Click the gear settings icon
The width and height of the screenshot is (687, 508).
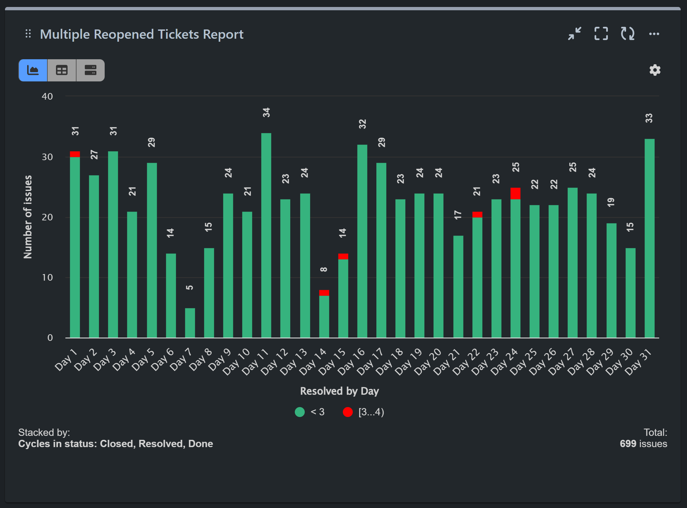(x=655, y=70)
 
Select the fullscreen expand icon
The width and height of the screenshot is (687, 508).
(x=601, y=34)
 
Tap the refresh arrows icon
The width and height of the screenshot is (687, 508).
(x=627, y=34)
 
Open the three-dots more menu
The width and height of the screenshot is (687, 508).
(x=654, y=34)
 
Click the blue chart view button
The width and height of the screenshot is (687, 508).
(x=33, y=70)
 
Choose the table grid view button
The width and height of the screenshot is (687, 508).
(x=62, y=70)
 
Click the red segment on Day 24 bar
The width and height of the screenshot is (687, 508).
(x=515, y=194)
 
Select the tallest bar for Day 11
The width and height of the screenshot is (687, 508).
(x=266, y=235)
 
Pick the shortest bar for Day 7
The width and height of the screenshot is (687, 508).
(x=190, y=323)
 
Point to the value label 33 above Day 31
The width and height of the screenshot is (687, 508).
(x=649, y=118)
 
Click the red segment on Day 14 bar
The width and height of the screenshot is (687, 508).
(x=324, y=293)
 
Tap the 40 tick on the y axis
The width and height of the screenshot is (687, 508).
(x=47, y=96)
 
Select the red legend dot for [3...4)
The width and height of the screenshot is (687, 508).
(x=347, y=412)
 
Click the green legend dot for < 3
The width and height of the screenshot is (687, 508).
(x=299, y=412)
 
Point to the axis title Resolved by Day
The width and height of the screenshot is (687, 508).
(x=339, y=391)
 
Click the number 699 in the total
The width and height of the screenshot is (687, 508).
(x=628, y=444)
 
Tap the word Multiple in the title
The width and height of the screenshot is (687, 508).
(x=65, y=34)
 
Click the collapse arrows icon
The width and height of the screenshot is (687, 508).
(x=574, y=34)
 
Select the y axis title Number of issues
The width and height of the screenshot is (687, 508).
(x=28, y=217)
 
